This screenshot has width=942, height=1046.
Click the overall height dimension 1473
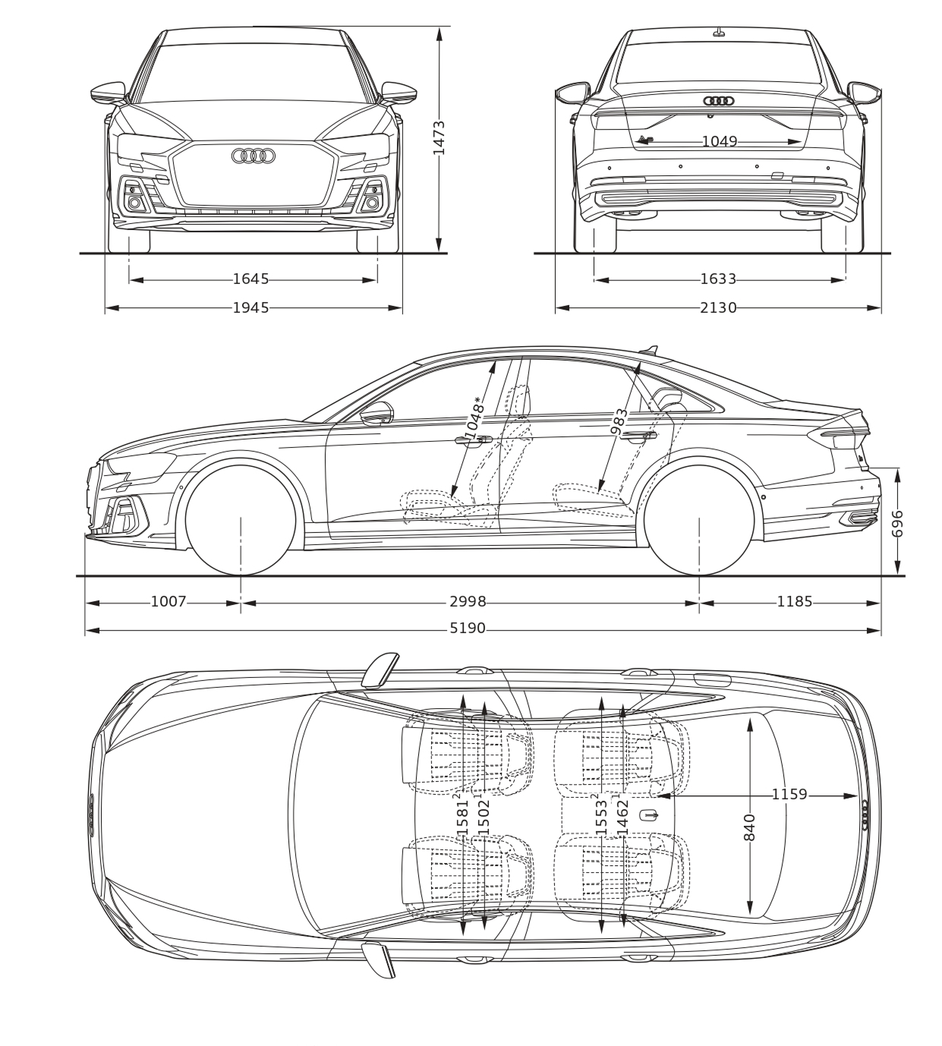pyautogui.click(x=439, y=137)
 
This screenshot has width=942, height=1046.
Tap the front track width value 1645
pyautogui.click(x=251, y=279)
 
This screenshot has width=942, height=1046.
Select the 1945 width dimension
pyautogui.click(x=251, y=308)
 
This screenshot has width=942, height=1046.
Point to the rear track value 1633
pyautogui.click(x=718, y=279)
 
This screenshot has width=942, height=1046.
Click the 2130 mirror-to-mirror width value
pyautogui.click(x=718, y=308)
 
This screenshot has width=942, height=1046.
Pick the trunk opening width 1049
pyautogui.click(x=720, y=141)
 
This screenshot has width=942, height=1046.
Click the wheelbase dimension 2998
pyautogui.click(x=468, y=602)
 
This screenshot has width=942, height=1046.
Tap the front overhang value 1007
pyautogui.click(x=169, y=602)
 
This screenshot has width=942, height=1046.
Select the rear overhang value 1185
pyautogui.click(x=795, y=602)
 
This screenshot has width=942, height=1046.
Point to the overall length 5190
pyautogui.click(x=468, y=629)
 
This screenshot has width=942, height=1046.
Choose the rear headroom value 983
pyautogui.click(x=619, y=421)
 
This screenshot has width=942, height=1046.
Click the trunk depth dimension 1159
pyautogui.click(x=789, y=794)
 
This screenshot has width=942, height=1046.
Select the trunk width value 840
pyautogui.click(x=749, y=827)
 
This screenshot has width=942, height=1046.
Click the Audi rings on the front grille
pyautogui.click(x=254, y=156)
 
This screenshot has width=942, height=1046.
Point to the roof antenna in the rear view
pyautogui.click(x=720, y=32)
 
